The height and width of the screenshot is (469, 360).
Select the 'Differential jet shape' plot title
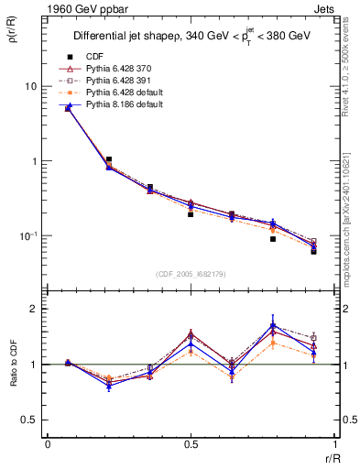[x=193, y=37]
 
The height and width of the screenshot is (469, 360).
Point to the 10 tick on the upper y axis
[x=30, y=86]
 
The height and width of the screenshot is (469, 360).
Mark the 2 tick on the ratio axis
[x=37, y=309]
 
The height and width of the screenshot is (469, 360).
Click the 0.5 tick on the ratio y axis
[x=31, y=420]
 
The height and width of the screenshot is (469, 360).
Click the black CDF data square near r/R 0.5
[x=191, y=214]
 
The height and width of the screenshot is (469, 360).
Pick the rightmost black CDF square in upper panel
[x=313, y=251]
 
